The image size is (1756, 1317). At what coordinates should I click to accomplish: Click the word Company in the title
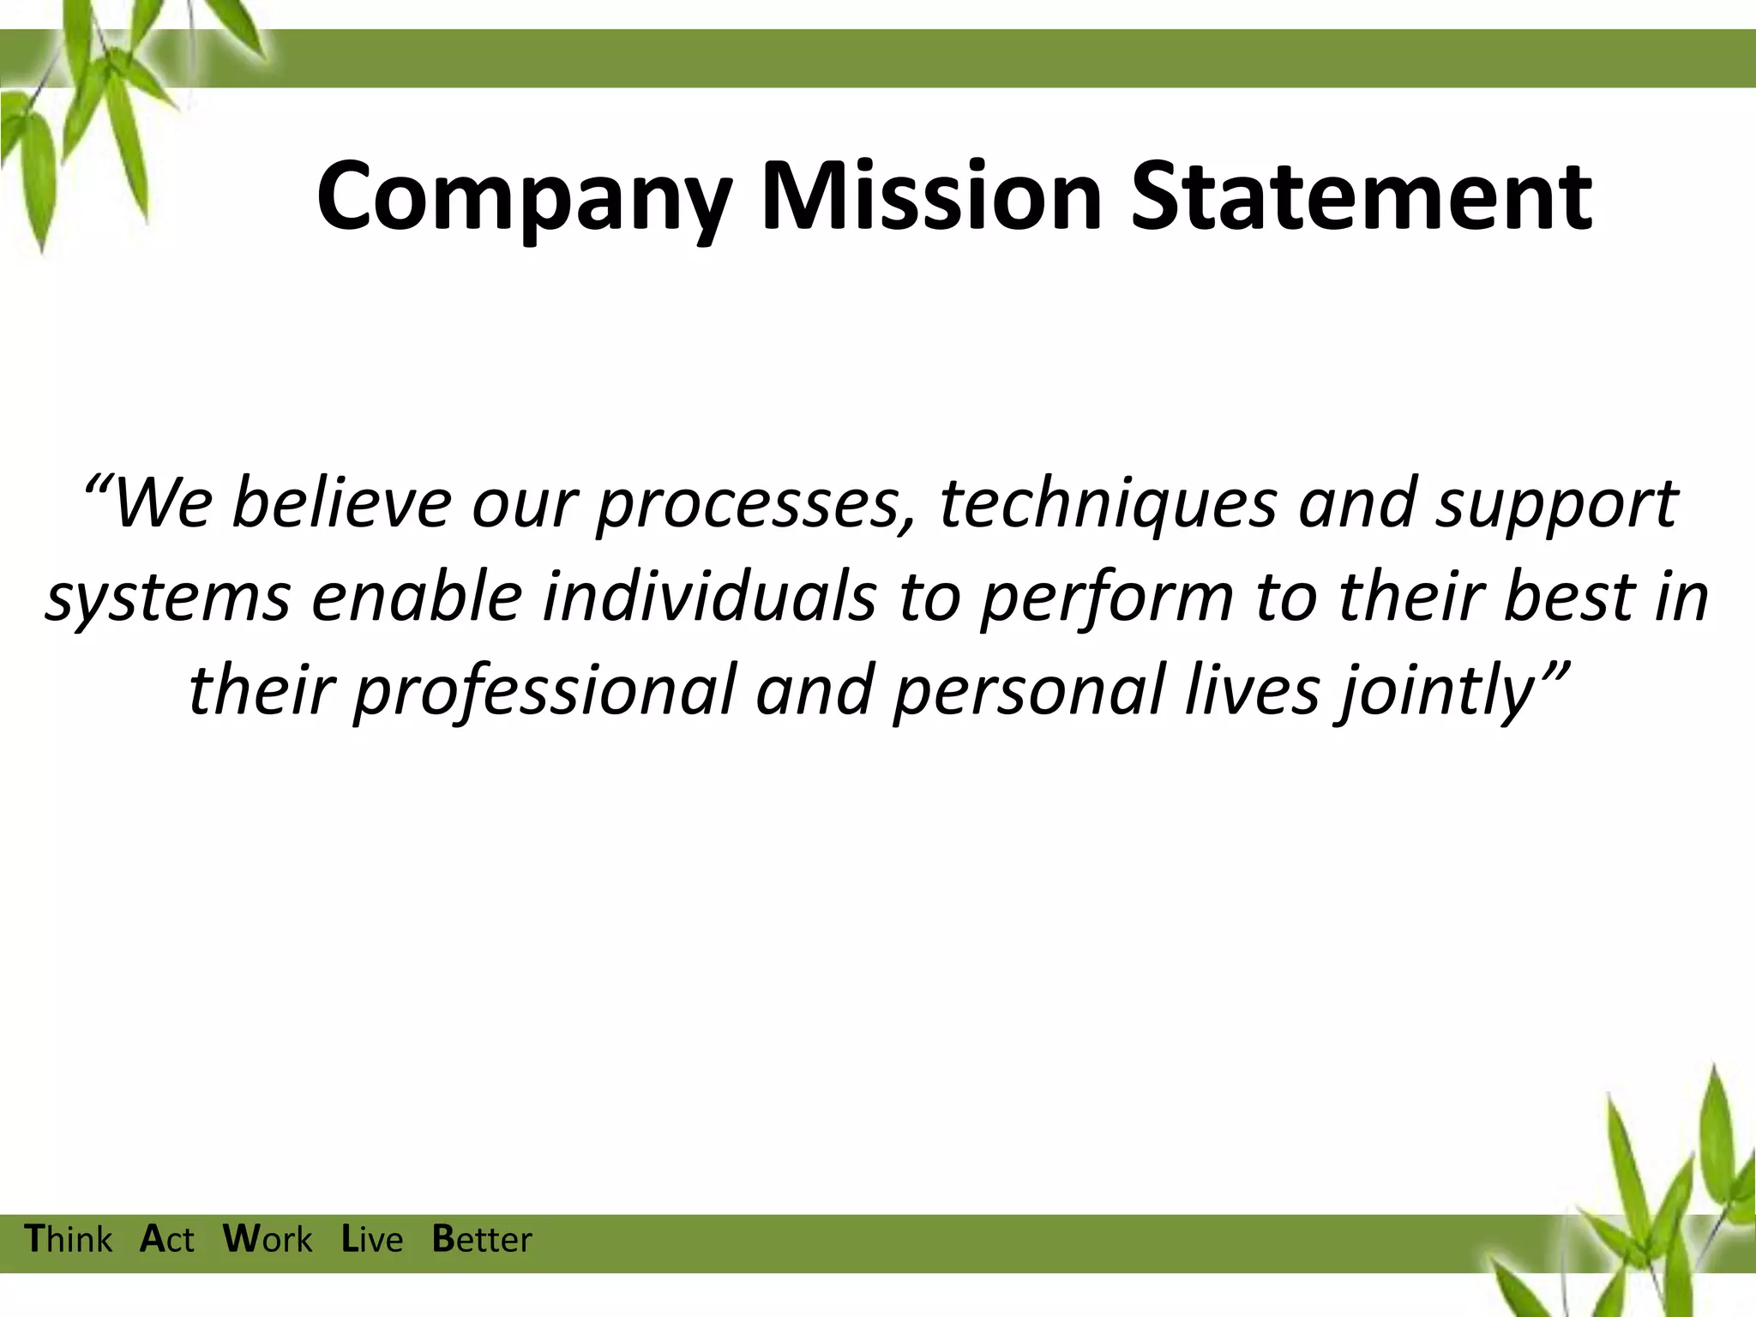[x=524, y=199]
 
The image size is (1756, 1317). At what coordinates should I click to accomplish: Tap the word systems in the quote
[x=167, y=598]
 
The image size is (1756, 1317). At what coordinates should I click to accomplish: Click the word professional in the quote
[x=545, y=693]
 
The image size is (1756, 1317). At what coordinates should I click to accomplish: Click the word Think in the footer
[x=69, y=1240]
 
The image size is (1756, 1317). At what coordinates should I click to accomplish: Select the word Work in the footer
[x=268, y=1240]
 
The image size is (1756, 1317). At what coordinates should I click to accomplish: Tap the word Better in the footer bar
[x=482, y=1240]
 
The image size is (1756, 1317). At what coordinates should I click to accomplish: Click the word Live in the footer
[x=372, y=1240]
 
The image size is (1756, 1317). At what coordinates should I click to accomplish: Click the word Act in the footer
[x=167, y=1240]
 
